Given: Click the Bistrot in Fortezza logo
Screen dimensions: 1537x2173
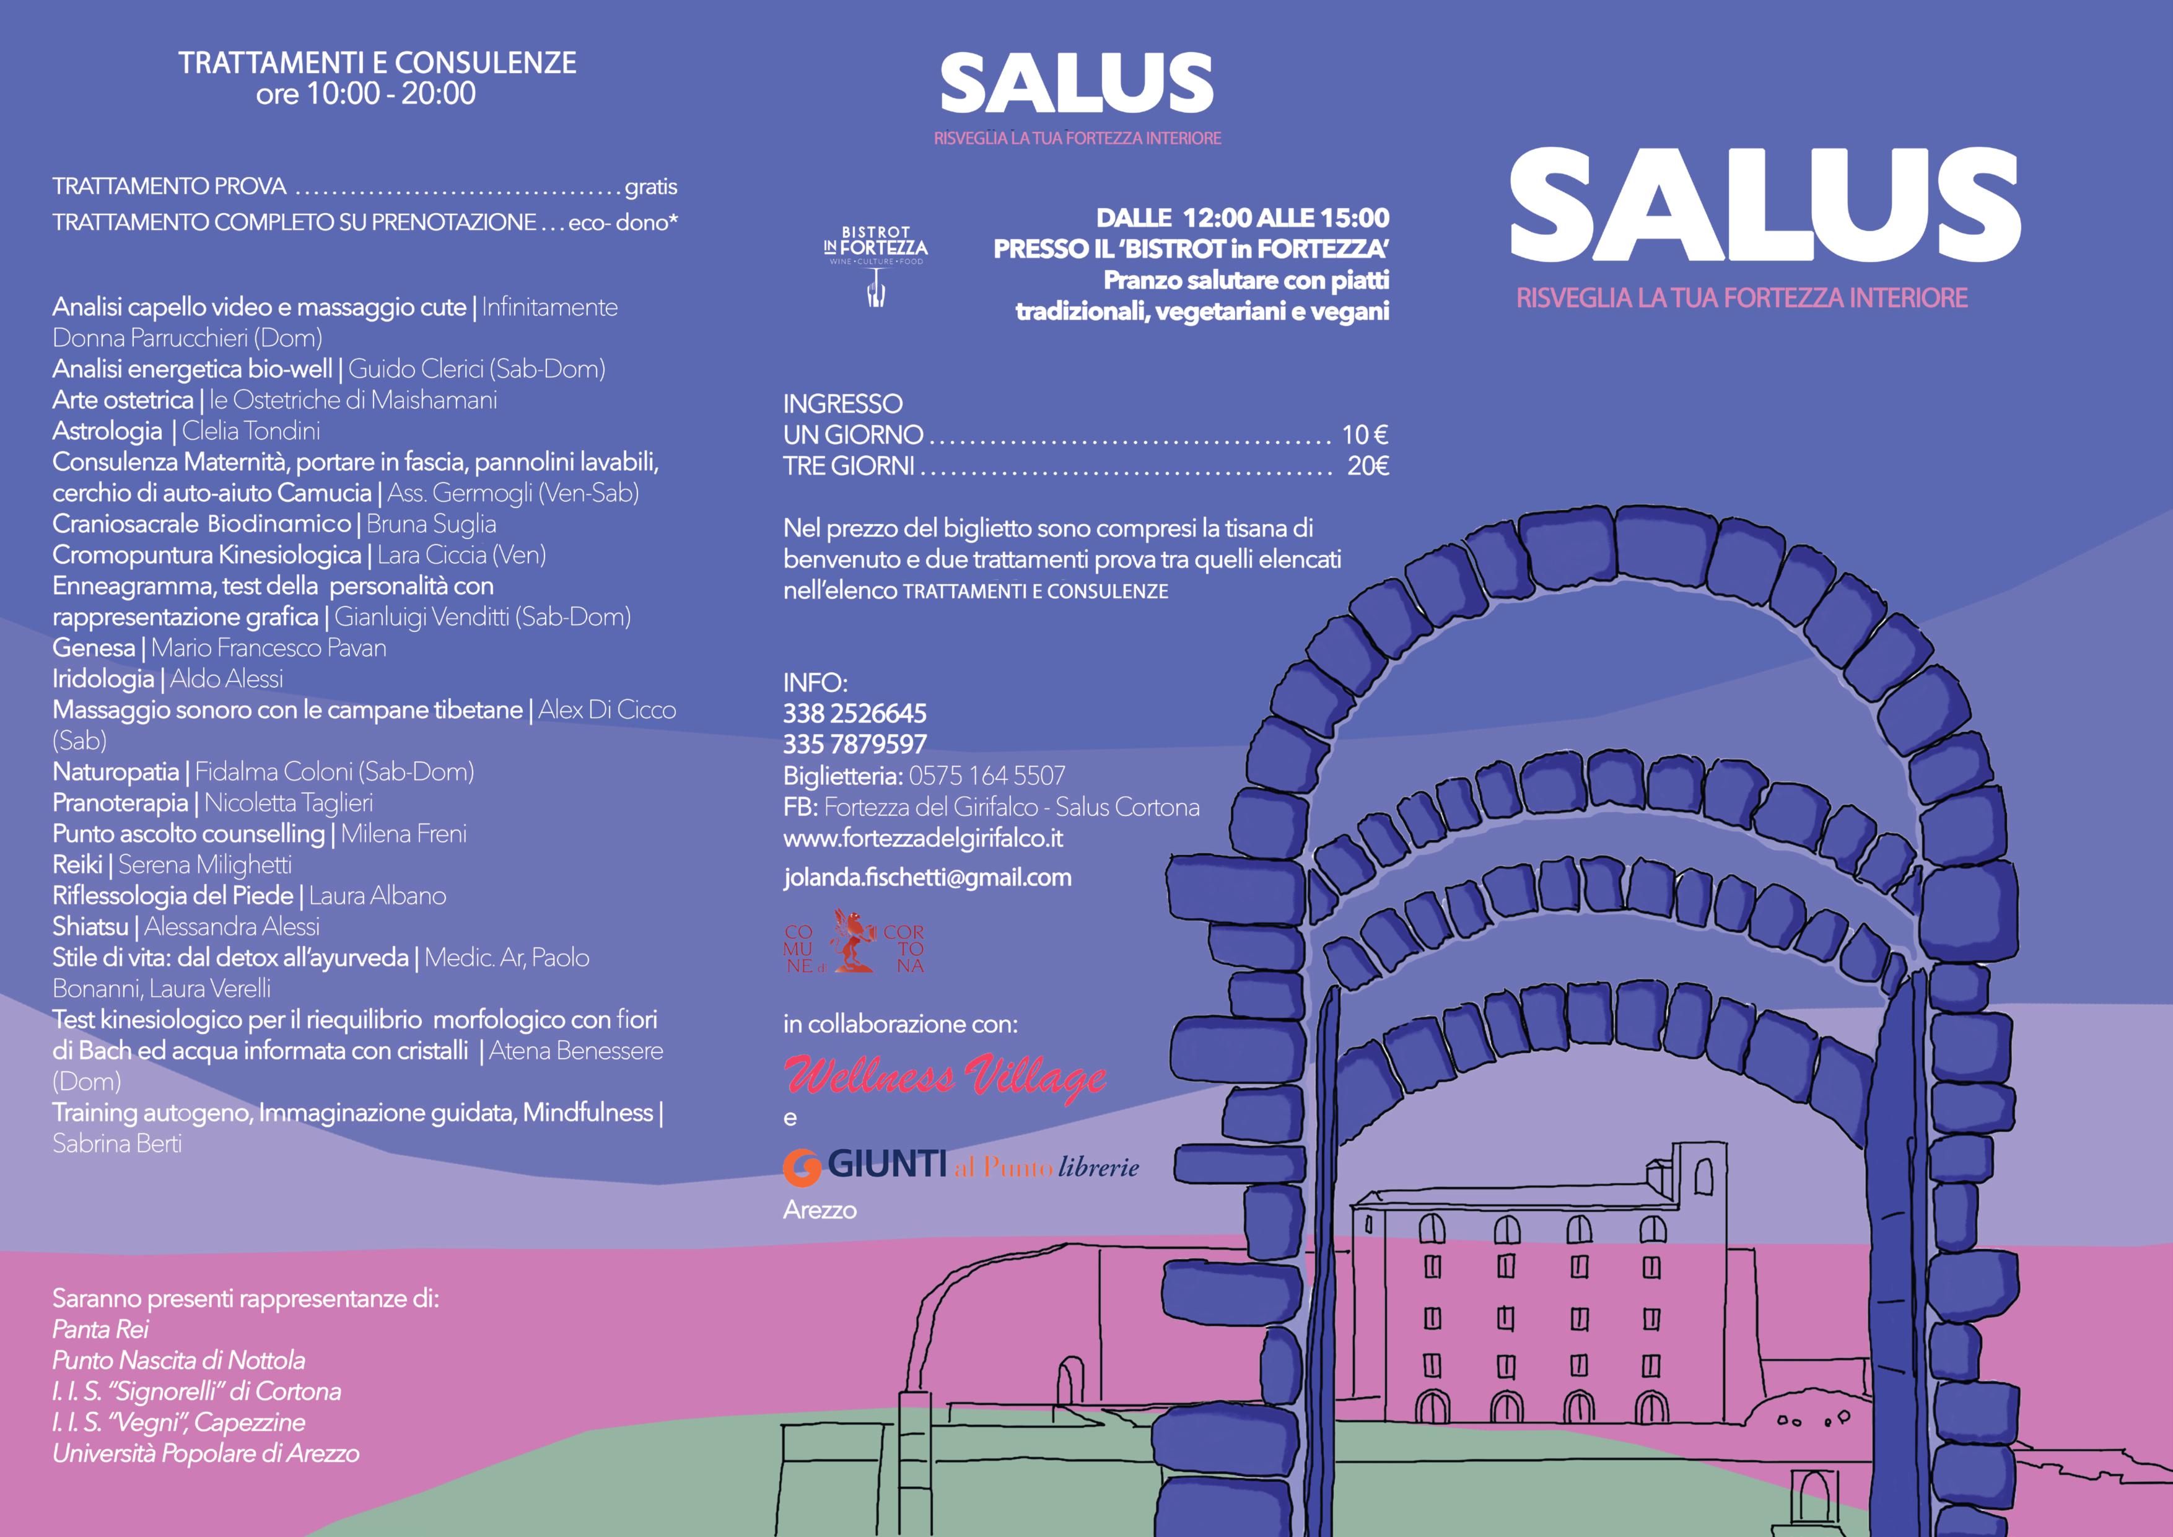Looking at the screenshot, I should [x=875, y=266].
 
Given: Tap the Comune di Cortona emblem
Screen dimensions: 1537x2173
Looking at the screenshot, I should [x=854, y=941].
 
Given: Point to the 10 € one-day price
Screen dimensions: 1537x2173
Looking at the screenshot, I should [x=1365, y=436].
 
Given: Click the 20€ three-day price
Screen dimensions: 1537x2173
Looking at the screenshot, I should [x=1368, y=466].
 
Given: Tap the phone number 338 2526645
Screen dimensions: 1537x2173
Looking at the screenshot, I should [x=855, y=714].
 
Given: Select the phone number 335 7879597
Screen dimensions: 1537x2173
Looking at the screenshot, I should [x=855, y=745].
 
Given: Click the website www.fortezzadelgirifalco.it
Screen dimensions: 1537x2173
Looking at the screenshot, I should [x=923, y=839].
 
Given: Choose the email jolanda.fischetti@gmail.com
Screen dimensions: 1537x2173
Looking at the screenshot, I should [x=927, y=877].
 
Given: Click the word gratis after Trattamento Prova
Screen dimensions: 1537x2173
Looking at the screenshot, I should [x=650, y=187].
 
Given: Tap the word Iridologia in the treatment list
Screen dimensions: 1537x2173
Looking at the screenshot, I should [x=103, y=678].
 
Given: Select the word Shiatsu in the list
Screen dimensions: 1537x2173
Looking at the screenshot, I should [x=90, y=927].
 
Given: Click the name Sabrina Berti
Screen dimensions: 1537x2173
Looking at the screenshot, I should [x=117, y=1143].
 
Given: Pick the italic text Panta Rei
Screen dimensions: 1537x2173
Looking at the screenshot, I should [x=100, y=1329].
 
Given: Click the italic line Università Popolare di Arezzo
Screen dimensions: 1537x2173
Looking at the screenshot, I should [x=206, y=1454].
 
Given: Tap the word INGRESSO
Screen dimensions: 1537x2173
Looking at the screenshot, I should [x=842, y=404].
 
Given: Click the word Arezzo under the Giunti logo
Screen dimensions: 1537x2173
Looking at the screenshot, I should [x=820, y=1211].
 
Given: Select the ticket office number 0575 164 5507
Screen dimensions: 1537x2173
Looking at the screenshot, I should [x=986, y=776].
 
